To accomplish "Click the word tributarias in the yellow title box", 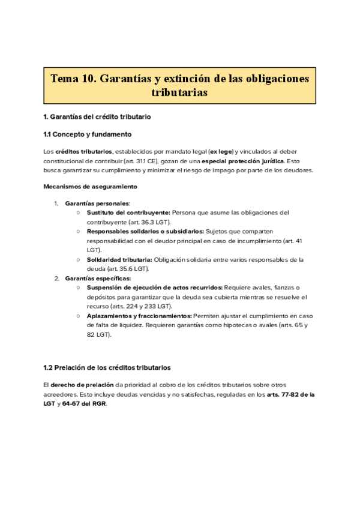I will click(179, 93).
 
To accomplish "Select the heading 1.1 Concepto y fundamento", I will click(88, 134).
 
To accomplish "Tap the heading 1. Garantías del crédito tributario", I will click(97, 116).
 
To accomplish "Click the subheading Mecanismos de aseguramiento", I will click(90, 187).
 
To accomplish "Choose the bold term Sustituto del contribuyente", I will click(128, 212).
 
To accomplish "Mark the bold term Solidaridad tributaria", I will click(119, 260).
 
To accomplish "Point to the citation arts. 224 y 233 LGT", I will click(137, 306).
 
